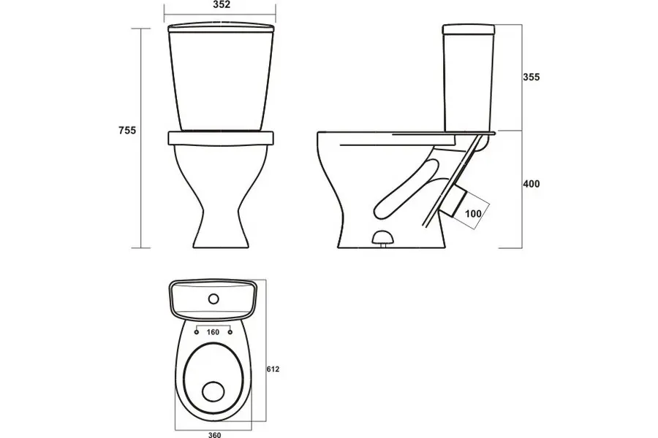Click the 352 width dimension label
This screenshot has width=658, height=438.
[222, 5]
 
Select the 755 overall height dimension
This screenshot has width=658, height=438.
[127, 131]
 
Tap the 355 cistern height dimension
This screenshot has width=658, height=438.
[532, 77]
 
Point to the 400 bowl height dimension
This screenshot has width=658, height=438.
[532, 183]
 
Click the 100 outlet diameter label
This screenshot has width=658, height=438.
[473, 214]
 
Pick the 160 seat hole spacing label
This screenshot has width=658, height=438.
[213, 332]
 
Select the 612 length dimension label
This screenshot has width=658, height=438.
[273, 369]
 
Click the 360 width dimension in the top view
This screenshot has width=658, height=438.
[214, 434]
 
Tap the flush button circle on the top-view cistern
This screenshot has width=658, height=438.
[213, 299]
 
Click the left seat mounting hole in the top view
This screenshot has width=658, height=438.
[197, 332]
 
